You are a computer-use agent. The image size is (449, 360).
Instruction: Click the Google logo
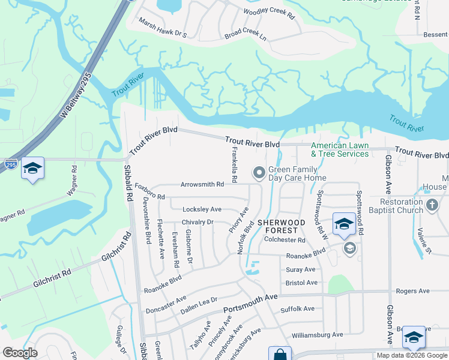click(x=20, y=353)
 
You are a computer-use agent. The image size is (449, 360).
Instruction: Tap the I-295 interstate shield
click(x=10, y=164)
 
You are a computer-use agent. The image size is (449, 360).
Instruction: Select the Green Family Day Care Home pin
click(x=259, y=173)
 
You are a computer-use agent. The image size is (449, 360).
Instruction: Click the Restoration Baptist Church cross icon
click(x=432, y=206)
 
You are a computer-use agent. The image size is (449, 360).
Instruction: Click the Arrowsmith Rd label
click(x=203, y=185)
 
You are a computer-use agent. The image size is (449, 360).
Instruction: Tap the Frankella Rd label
click(x=234, y=166)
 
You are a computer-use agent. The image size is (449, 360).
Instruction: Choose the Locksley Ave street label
click(x=202, y=209)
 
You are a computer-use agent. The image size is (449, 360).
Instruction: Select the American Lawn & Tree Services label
click(x=340, y=149)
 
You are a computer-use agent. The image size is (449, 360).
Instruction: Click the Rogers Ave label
click(x=412, y=291)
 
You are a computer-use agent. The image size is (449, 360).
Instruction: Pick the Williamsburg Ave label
click(x=317, y=334)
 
